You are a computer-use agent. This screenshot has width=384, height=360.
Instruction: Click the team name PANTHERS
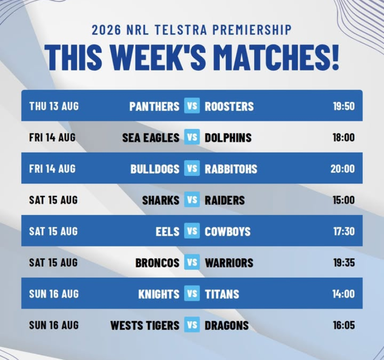[154, 106]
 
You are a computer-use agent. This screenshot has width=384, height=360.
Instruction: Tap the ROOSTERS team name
[229, 106]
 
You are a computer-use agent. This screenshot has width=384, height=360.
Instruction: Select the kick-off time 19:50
[344, 106]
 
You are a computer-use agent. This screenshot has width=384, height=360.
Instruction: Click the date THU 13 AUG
[54, 106]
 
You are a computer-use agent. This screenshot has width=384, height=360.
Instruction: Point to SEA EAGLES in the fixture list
[151, 138]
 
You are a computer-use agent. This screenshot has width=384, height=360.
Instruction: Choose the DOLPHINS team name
[228, 138]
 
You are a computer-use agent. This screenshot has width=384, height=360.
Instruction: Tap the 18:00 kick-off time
[344, 137]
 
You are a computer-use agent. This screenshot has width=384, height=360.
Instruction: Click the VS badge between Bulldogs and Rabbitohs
[192, 168]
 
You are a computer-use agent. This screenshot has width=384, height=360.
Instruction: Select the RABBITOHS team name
[231, 169]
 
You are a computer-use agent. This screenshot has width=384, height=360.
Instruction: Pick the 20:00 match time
[343, 169]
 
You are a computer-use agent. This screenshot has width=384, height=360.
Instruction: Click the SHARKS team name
[161, 200]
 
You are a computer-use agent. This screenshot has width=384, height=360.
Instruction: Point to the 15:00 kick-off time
[344, 200]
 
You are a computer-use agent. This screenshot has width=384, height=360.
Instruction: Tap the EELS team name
[168, 232]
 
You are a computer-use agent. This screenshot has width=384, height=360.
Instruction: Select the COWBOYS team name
[228, 232]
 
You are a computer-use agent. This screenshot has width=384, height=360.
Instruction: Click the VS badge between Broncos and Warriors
[192, 262]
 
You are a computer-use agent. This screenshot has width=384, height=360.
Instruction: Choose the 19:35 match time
[344, 263]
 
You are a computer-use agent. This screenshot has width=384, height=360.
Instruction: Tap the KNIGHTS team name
[159, 294]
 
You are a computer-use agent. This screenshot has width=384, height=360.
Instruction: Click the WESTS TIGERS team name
[145, 326]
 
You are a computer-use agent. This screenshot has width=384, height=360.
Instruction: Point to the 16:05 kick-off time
[344, 325]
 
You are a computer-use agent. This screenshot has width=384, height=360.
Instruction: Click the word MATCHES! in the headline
[278, 58]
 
